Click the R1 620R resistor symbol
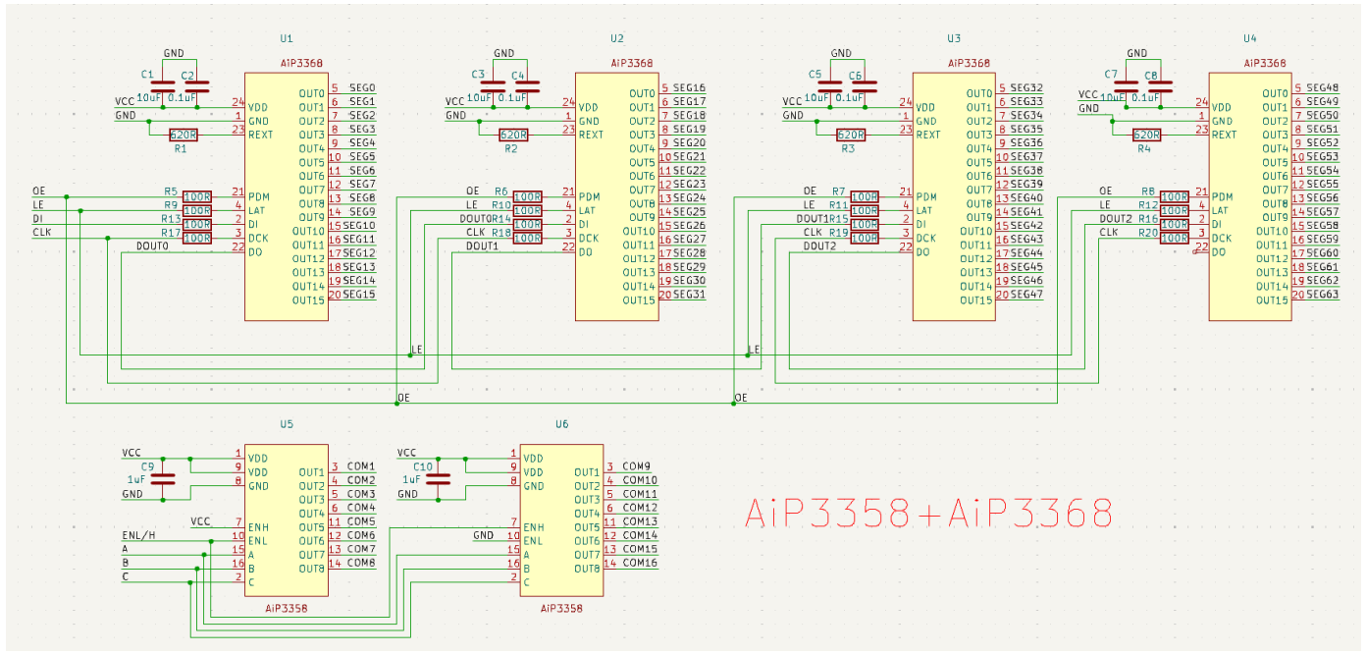(184, 135)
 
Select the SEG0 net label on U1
(361, 88)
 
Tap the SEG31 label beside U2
(691, 295)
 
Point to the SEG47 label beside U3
(1026, 295)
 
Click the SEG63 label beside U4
(1323, 295)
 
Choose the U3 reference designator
(953, 39)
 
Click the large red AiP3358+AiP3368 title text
(928, 513)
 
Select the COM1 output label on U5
(361, 466)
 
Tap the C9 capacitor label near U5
(147, 466)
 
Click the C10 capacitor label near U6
(423, 466)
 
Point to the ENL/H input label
(138, 536)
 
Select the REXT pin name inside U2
(591, 135)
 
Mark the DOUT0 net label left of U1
(152, 246)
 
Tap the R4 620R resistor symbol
(1146, 135)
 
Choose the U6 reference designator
(561, 424)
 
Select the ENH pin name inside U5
(259, 527)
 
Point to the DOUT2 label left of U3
(819, 246)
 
